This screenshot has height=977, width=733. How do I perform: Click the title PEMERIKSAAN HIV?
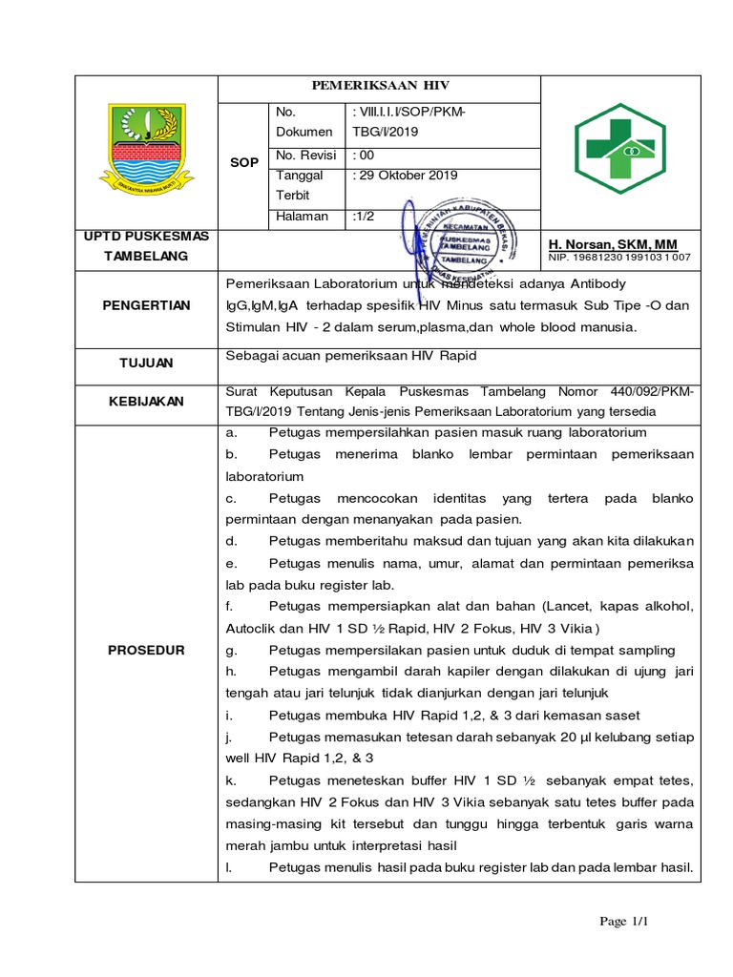379,84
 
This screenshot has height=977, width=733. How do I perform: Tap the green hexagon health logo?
619,149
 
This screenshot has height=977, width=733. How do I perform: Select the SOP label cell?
244,163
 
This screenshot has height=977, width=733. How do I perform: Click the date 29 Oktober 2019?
405,176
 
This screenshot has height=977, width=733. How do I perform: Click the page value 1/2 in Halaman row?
364,217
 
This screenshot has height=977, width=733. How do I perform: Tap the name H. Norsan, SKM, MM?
611,244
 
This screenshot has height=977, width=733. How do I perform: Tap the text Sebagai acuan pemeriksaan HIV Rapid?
350,356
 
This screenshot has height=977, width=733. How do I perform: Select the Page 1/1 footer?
624,922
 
